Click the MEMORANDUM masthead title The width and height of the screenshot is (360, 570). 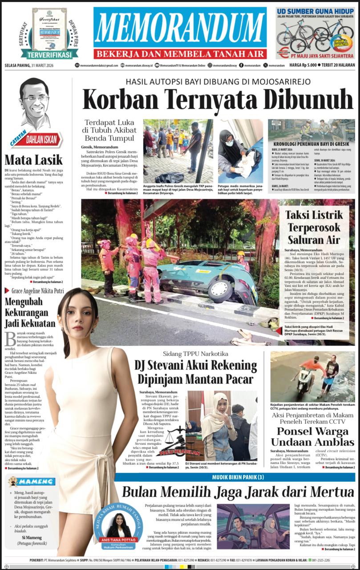[180, 28]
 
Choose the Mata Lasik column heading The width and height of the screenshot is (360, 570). [27, 159]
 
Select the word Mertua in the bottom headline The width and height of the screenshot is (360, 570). [328, 492]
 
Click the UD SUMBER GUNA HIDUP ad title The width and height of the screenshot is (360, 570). [315, 12]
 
